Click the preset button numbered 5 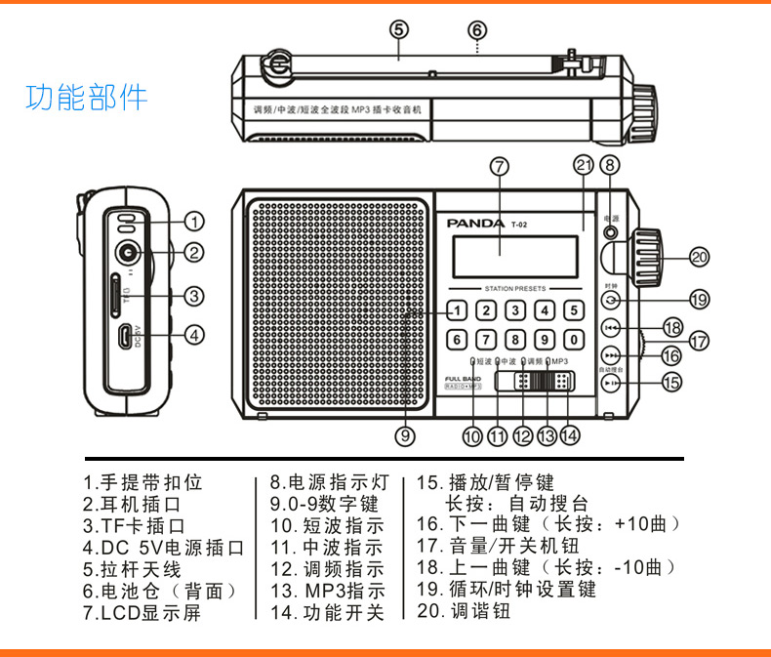click(575, 311)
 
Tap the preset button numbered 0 click(575, 341)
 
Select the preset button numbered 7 click(485, 341)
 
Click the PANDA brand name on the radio click(475, 223)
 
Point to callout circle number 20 click(698, 257)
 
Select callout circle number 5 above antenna click(398, 29)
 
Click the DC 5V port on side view click(125, 336)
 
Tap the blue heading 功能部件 click(87, 98)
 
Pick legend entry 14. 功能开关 click(327, 613)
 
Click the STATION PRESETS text click(516, 289)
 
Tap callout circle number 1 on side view click(194, 222)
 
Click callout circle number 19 click(698, 300)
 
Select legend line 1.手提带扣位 click(142, 482)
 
